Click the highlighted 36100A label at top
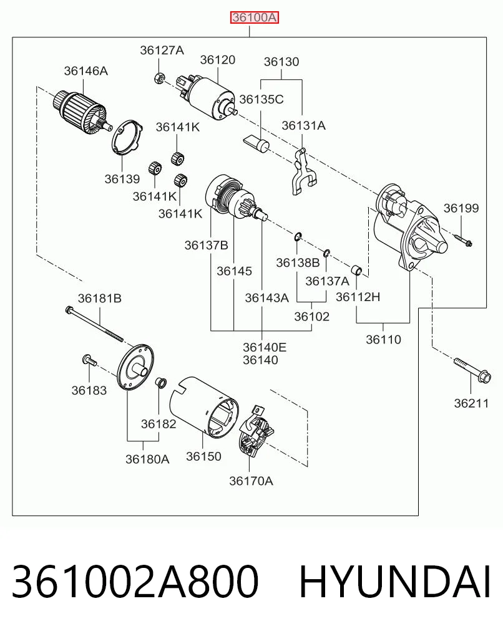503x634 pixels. [255, 18]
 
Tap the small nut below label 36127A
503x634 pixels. [159, 77]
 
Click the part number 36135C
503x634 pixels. [261, 100]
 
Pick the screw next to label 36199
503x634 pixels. [463, 240]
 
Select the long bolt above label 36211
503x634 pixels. [472, 370]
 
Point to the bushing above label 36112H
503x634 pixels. [356, 270]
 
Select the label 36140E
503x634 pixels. [265, 347]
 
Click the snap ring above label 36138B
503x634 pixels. [298, 236]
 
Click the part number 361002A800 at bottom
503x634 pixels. [135, 582]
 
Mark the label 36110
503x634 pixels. [383, 339]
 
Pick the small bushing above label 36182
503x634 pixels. [160, 382]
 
